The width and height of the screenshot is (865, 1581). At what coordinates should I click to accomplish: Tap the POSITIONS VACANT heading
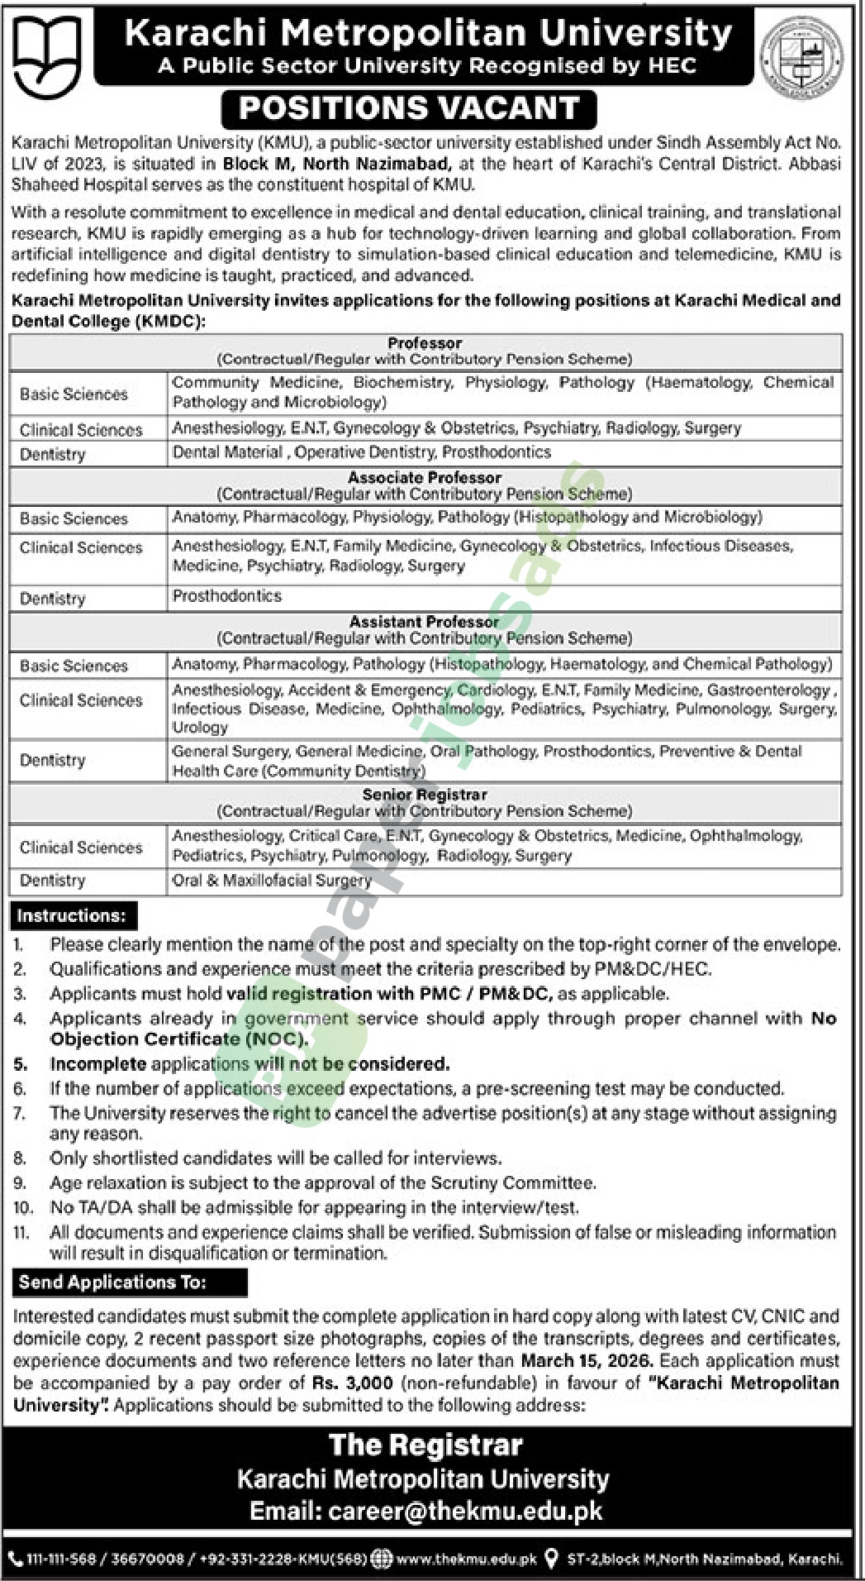tap(409, 107)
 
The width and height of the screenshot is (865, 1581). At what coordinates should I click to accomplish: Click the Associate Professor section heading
tap(425, 478)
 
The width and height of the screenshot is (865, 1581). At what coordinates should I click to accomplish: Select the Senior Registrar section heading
tap(425, 795)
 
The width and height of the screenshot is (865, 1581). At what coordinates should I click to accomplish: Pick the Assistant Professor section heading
tap(425, 622)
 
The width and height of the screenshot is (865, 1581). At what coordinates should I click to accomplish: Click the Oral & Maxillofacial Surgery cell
tap(272, 881)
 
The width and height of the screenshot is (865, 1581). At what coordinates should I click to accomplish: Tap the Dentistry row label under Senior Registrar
tap(53, 881)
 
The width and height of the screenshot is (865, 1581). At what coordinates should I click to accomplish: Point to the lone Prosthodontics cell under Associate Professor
tap(227, 596)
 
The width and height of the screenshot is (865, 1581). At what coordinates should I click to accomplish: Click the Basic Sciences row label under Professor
tap(74, 394)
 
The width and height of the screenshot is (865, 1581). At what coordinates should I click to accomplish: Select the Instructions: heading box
tap(72, 916)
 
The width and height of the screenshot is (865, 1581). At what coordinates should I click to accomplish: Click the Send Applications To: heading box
tap(113, 1282)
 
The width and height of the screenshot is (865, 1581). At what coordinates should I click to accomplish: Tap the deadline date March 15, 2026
tap(586, 1360)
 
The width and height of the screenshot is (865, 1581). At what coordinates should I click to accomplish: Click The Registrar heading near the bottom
tap(425, 1445)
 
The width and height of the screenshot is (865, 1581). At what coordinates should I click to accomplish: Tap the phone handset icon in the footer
tap(15, 1560)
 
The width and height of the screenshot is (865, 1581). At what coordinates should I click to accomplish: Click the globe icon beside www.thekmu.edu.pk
tap(382, 1560)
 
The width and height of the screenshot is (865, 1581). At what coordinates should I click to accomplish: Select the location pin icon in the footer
tap(552, 1560)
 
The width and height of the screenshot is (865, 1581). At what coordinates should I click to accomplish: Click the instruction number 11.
tap(21, 1233)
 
